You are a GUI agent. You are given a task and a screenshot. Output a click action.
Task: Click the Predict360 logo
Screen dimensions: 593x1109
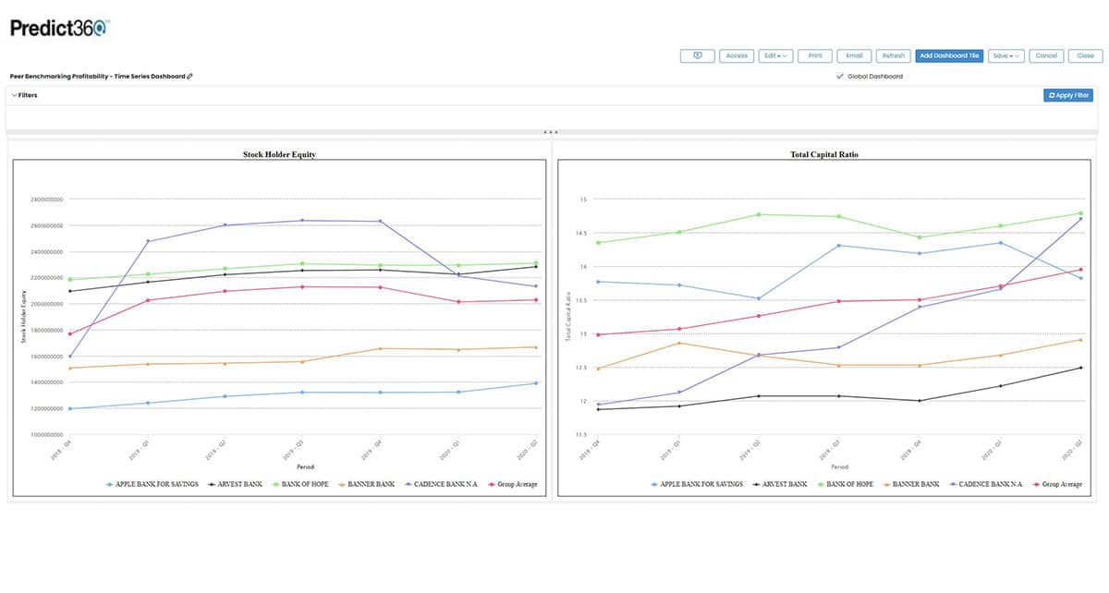click(x=59, y=28)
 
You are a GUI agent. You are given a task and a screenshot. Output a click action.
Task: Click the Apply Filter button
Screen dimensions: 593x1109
click(x=1068, y=95)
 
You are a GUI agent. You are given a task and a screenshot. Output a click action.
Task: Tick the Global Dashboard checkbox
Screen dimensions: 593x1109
click(x=839, y=77)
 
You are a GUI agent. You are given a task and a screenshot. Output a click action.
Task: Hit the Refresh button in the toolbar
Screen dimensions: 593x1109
click(x=892, y=55)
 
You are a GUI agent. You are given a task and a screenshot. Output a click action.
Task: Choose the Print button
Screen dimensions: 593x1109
click(x=815, y=55)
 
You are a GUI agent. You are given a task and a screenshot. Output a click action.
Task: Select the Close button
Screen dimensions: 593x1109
click(x=1085, y=55)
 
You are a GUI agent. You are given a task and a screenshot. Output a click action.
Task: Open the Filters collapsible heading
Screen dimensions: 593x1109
click(x=25, y=95)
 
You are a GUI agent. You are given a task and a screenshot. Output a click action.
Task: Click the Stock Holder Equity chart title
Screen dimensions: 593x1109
click(x=279, y=154)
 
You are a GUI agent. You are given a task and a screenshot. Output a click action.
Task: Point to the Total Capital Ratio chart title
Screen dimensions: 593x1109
click(x=825, y=154)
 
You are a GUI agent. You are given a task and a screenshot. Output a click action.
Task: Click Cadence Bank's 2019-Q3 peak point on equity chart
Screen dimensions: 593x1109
click(x=302, y=220)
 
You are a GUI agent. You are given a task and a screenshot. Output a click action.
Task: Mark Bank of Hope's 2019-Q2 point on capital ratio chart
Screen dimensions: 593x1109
click(x=760, y=214)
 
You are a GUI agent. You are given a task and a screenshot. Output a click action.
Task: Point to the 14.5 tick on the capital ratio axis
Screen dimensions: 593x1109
click(x=583, y=233)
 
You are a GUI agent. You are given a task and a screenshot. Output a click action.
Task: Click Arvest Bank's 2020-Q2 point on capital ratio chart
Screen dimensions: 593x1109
click(x=1080, y=368)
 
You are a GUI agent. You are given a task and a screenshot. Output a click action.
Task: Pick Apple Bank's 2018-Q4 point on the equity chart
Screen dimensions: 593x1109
click(x=70, y=408)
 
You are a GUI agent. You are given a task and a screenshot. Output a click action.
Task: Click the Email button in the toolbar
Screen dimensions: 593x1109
click(x=854, y=55)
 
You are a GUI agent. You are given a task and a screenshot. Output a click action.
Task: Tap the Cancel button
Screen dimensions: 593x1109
click(x=1046, y=55)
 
